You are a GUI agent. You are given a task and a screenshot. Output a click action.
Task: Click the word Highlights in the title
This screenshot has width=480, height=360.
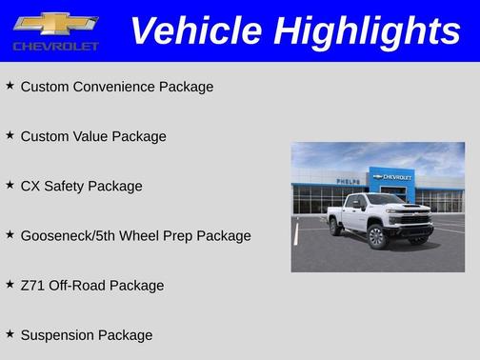pyautogui.click(x=366, y=30)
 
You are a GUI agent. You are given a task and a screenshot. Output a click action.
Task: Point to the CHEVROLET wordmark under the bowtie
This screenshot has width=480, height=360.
pyautogui.click(x=56, y=46)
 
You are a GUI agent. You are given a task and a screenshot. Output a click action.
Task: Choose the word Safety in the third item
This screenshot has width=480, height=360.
pyautogui.click(x=66, y=186)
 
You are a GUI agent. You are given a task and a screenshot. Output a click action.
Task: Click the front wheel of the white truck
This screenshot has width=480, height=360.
pyautogui.click(x=376, y=235)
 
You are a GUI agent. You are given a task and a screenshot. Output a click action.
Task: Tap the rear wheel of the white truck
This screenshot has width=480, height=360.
pyautogui.click(x=336, y=226)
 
